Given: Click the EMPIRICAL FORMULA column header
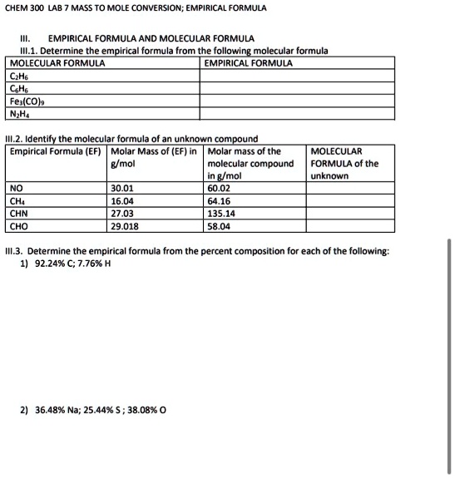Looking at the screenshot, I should tap(248, 62).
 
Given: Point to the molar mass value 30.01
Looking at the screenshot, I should tap(122, 188).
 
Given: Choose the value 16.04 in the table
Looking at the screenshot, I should tap(122, 200).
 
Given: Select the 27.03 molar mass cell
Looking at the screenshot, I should tap(122, 213).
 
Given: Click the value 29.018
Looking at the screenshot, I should tap(125, 225).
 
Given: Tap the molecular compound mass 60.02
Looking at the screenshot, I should tap(220, 188).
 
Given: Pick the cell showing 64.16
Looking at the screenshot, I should tap(220, 200).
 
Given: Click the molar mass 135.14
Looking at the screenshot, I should tap(222, 213).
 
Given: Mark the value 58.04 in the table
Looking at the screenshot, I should tap(220, 225).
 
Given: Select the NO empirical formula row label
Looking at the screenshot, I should tap(17, 188).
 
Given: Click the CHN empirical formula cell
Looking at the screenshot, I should tap(19, 213).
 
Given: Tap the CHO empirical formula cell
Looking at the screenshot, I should tap(19, 225).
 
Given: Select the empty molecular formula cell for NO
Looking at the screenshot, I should tap(346, 188).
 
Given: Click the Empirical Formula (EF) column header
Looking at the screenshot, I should tap(55, 151).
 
